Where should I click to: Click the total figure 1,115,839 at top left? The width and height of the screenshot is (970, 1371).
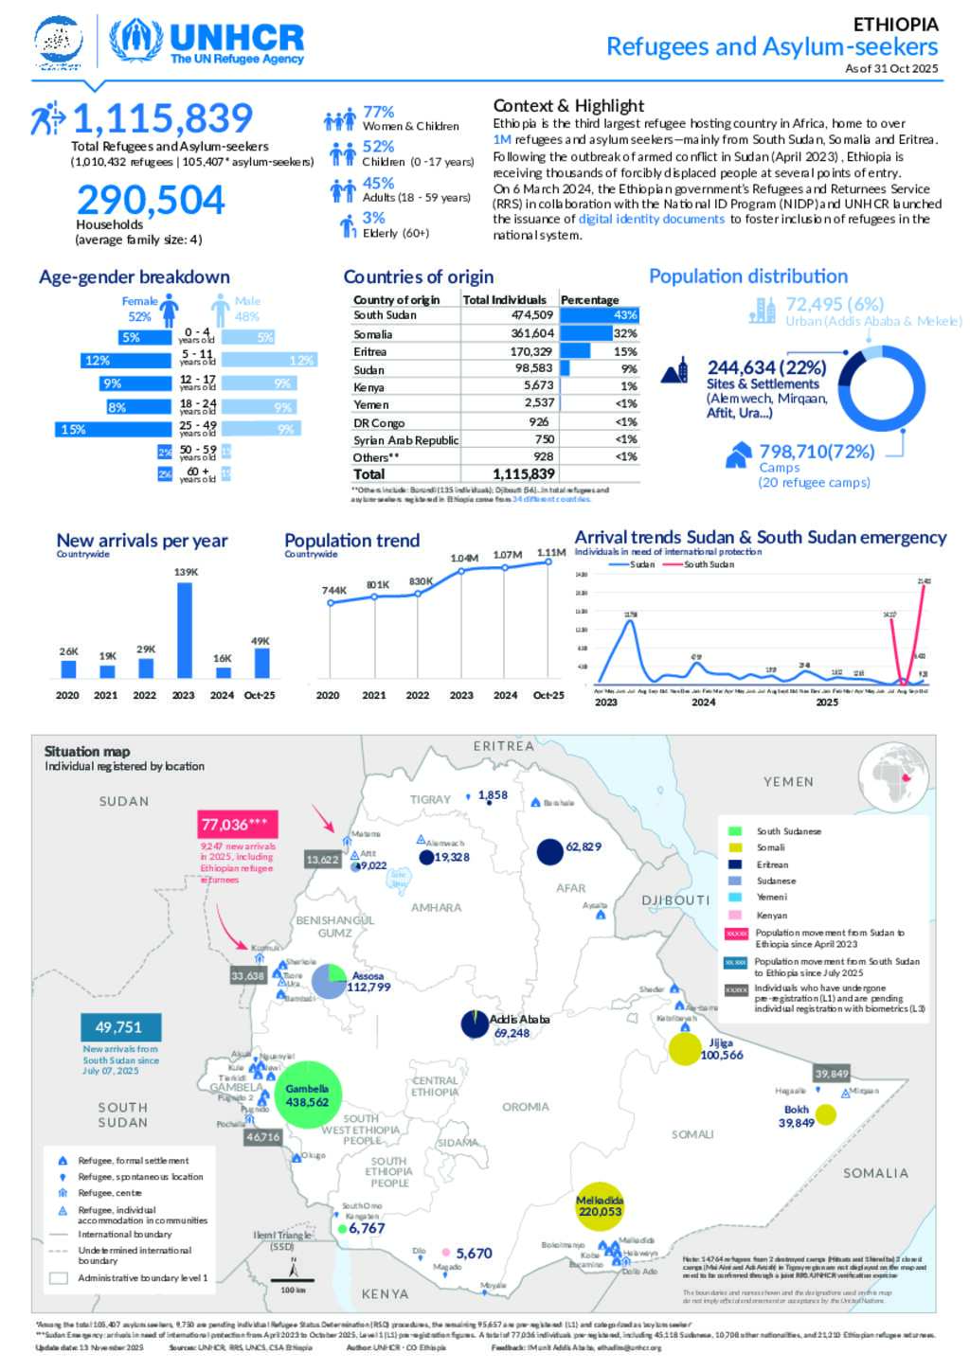coord(162,119)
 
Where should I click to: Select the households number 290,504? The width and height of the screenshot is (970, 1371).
coord(151,200)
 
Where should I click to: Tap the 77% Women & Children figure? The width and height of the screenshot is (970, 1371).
coord(379,112)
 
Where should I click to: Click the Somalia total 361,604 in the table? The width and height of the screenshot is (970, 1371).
coord(532,333)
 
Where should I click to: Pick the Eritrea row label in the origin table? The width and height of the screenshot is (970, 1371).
coord(369,351)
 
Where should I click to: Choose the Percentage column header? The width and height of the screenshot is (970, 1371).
coord(589,299)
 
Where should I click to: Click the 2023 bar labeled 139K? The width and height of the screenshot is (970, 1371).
coord(185,629)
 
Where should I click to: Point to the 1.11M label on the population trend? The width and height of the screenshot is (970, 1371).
coord(551,552)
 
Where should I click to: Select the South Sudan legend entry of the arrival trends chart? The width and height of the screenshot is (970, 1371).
coord(709,564)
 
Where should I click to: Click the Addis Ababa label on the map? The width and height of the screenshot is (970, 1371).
coord(519,1019)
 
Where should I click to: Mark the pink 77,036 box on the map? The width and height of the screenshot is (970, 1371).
coord(237,825)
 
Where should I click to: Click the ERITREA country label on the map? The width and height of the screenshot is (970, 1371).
coord(504,746)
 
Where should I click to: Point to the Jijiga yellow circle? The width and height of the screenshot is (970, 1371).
coord(684,1049)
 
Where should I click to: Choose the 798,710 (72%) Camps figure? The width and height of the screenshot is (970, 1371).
coord(817,452)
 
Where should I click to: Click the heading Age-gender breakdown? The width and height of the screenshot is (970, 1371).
coord(135,277)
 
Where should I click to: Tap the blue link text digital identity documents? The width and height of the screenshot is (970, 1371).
coord(652,219)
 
